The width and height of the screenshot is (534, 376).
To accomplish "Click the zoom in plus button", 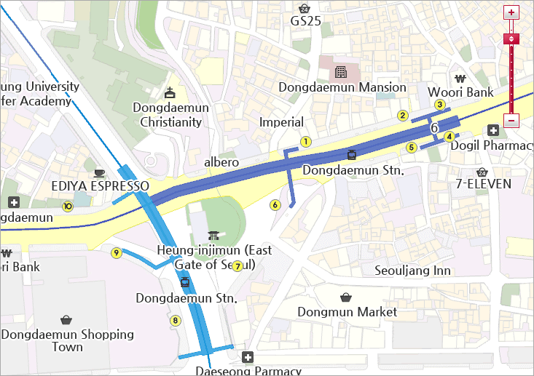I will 511,12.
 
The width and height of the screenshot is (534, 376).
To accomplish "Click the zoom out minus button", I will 511,121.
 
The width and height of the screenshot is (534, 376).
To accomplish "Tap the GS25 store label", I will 305,21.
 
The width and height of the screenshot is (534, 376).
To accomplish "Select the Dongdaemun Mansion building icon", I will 339,72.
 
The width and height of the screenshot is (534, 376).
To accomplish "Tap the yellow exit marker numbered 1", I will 306,142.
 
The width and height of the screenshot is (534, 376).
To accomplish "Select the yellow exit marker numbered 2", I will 401,115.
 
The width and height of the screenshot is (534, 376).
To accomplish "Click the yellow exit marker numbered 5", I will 411,147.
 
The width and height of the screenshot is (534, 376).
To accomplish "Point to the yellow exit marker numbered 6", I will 275,204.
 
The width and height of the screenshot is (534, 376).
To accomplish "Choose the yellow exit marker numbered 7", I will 237,266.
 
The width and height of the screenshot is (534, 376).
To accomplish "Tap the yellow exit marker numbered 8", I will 175,320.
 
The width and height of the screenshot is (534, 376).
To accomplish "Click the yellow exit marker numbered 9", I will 116,252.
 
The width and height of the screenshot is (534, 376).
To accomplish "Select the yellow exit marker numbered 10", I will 68,206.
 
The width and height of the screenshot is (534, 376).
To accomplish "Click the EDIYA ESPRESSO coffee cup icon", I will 99,172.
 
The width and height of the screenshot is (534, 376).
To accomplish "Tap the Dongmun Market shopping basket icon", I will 346,297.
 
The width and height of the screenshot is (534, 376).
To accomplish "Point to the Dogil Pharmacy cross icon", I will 493,130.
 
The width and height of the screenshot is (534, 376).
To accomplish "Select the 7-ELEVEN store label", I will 483,184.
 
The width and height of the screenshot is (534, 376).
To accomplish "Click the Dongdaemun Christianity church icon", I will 170,92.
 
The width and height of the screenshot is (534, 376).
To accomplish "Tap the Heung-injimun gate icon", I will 213,236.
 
